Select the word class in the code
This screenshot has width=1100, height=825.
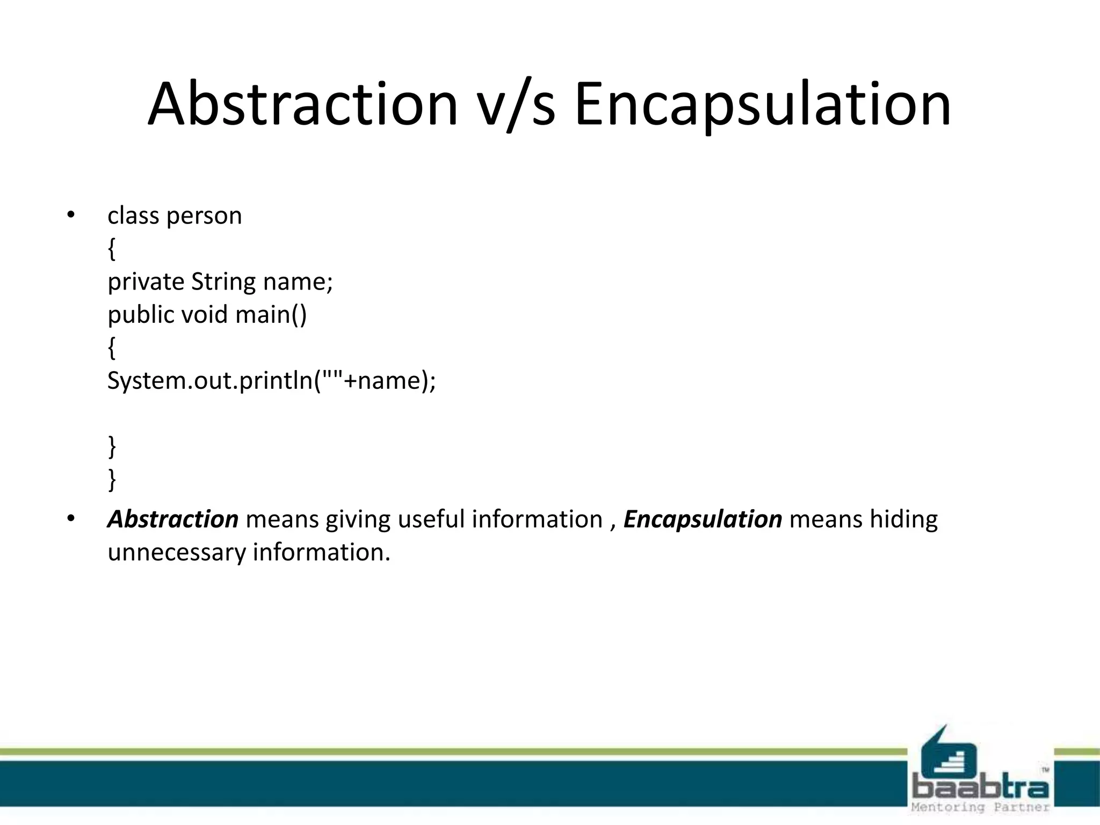133,216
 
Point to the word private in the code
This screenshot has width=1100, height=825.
146,282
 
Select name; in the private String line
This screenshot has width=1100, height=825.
298,282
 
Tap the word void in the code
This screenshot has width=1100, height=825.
205,315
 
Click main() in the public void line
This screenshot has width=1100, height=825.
271,315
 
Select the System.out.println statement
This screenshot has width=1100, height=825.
272,381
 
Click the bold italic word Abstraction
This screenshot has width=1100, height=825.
173,519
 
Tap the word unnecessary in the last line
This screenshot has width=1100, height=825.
177,553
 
